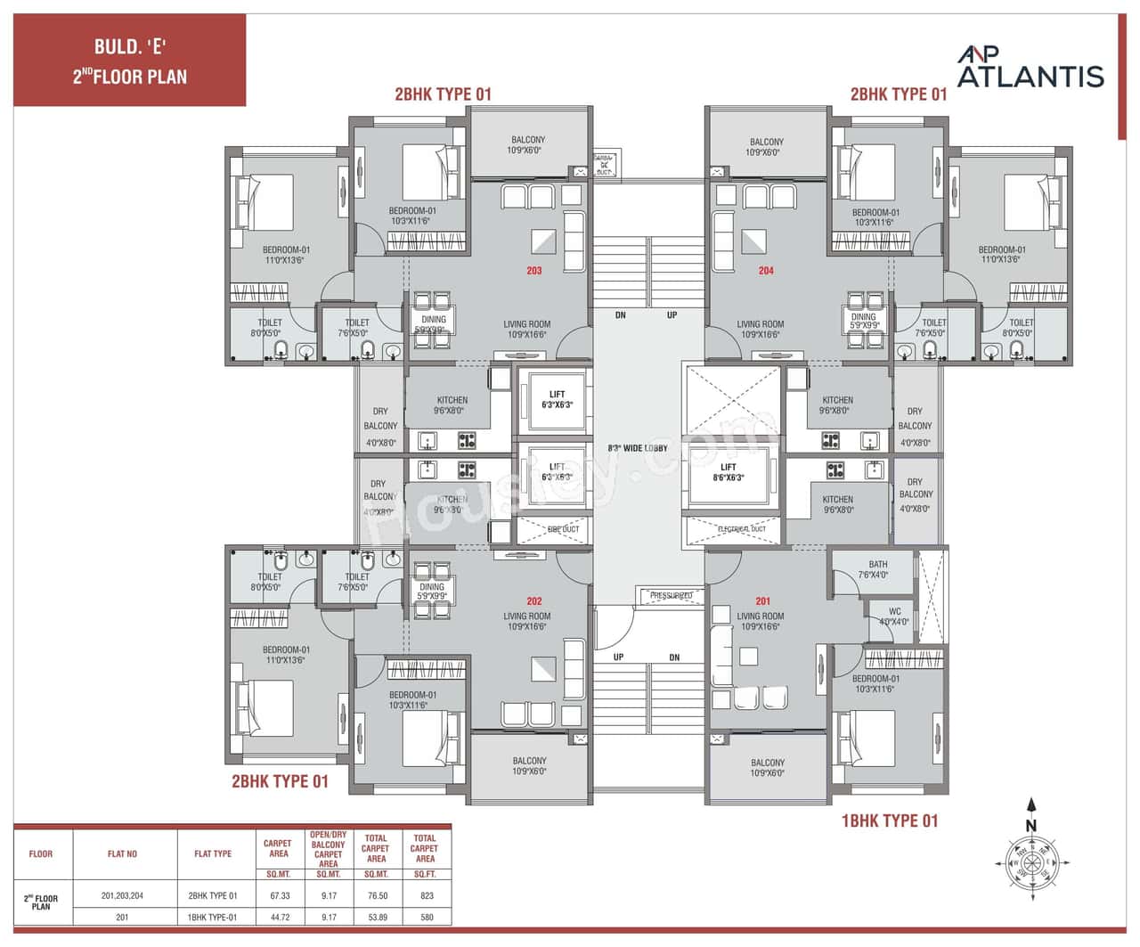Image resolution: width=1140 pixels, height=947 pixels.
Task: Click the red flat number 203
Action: coord(533,271)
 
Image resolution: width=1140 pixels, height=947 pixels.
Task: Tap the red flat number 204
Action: coord(766,271)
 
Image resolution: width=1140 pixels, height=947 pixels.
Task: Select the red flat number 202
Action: coord(533,601)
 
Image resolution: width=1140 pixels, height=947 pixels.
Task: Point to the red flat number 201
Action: coord(762,601)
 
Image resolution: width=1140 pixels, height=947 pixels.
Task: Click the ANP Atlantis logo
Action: coord(1030,68)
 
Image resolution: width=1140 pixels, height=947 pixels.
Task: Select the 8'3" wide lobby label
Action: coord(638,448)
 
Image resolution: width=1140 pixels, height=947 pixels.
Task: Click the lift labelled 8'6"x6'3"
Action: coord(729,472)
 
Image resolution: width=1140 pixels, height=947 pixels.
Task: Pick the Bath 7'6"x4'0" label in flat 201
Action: coord(877,569)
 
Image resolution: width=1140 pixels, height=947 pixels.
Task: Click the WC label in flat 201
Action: coord(894,616)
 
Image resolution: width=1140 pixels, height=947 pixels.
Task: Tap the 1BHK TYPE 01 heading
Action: coord(889,820)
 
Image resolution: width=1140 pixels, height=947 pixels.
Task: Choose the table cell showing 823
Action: coord(426,896)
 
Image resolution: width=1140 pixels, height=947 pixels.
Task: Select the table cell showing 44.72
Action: coord(278,917)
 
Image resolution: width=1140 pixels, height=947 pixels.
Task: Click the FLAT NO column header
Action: coord(122,853)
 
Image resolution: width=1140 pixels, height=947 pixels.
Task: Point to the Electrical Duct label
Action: coord(741,529)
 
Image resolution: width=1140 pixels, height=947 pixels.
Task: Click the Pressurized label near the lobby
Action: coord(671,595)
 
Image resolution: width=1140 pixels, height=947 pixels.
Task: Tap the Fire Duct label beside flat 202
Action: coord(562,529)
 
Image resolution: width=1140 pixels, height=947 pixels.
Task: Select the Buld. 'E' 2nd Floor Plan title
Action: coord(129,61)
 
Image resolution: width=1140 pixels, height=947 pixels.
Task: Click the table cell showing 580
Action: coord(426,917)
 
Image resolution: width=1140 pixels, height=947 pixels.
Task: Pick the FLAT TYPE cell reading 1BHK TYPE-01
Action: coord(213,917)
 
